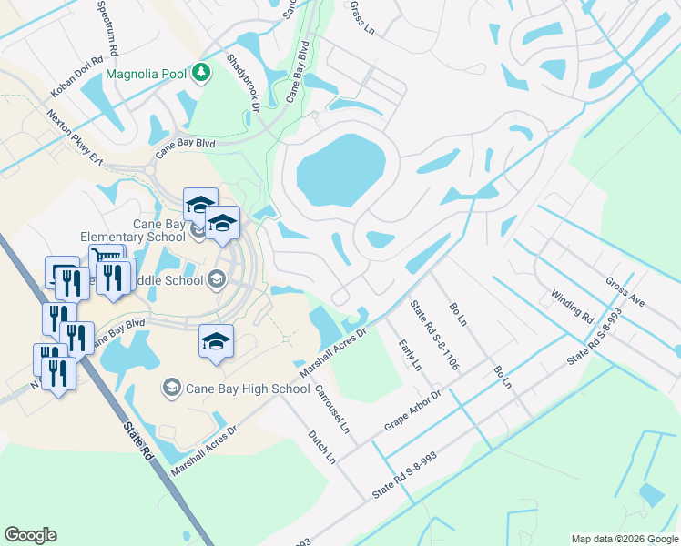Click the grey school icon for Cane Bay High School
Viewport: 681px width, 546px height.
(x=171, y=389)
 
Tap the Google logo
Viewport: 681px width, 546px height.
(x=30, y=535)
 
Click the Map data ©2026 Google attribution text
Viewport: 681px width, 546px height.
(x=625, y=539)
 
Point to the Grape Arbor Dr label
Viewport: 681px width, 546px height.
(x=412, y=409)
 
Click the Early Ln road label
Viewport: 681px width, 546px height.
(x=411, y=354)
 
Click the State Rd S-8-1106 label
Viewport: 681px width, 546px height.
(x=435, y=335)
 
